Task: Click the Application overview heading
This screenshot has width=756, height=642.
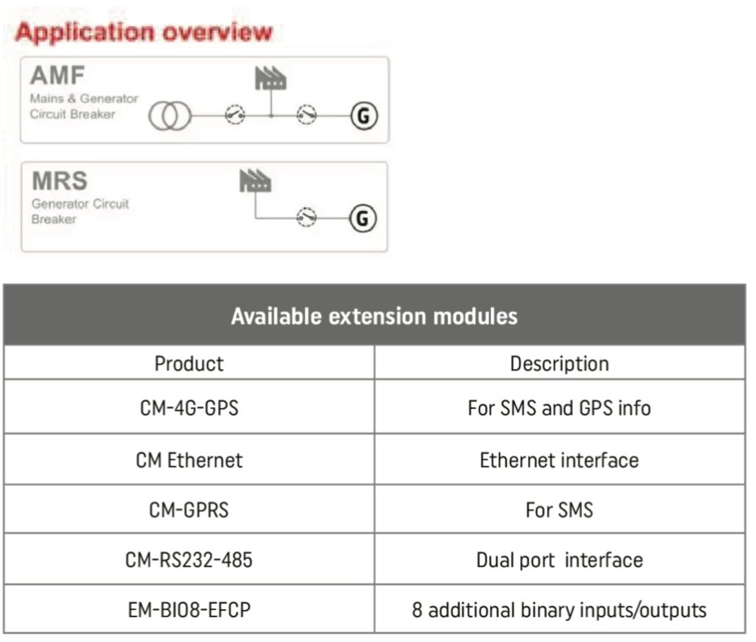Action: pos(143,32)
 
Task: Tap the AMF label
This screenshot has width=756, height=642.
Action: pos(58,76)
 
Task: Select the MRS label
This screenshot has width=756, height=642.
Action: pos(59,181)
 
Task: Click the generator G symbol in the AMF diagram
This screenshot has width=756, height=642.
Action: pos(363,115)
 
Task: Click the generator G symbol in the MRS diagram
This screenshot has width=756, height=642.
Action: pos(363,218)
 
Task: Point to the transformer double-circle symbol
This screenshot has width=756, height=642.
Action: pos(170,116)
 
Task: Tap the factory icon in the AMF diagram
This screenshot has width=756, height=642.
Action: pos(270,78)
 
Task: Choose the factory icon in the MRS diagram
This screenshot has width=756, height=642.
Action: pos(255,182)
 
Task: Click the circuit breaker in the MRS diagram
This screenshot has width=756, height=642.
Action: pos(306,218)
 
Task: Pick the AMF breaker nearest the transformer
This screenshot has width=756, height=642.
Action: pos(235,115)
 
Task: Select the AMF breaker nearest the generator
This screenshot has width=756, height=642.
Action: pos(307,115)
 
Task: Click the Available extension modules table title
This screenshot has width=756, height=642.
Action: pos(374,316)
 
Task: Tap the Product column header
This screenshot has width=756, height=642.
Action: pos(189,363)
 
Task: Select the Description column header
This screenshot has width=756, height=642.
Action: pos(559,363)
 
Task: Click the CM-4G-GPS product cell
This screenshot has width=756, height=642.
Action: pos(189,408)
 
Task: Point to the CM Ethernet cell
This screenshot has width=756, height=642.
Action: pos(189,460)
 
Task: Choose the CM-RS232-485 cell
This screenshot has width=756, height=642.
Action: pos(189,560)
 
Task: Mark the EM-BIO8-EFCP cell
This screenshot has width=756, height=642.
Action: pos(189,609)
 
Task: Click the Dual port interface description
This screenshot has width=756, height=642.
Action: pos(559,560)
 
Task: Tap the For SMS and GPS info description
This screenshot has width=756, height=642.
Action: pos(559,408)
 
